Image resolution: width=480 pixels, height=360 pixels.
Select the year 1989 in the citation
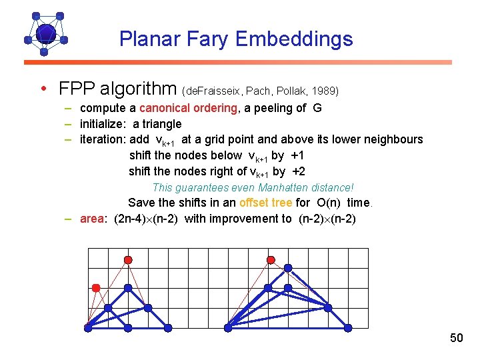click(x=325, y=90)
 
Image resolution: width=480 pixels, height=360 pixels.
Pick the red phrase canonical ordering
click(x=187, y=108)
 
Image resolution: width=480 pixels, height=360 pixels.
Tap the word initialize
click(x=104, y=123)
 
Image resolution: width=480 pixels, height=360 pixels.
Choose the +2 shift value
click(x=299, y=171)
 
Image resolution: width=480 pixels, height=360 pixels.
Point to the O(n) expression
click(x=329, y=203)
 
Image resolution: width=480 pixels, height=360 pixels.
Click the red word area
click(x=93, y=219)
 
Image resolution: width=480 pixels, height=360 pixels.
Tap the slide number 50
click(x=456, y=338)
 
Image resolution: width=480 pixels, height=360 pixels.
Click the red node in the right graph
click(x=271, y=259)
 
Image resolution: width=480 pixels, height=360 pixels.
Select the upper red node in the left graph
click(x=128, y=259)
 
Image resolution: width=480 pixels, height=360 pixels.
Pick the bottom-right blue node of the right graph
click(x=347, y=327)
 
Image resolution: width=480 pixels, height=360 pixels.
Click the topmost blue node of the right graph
click(x=288, y=267)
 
